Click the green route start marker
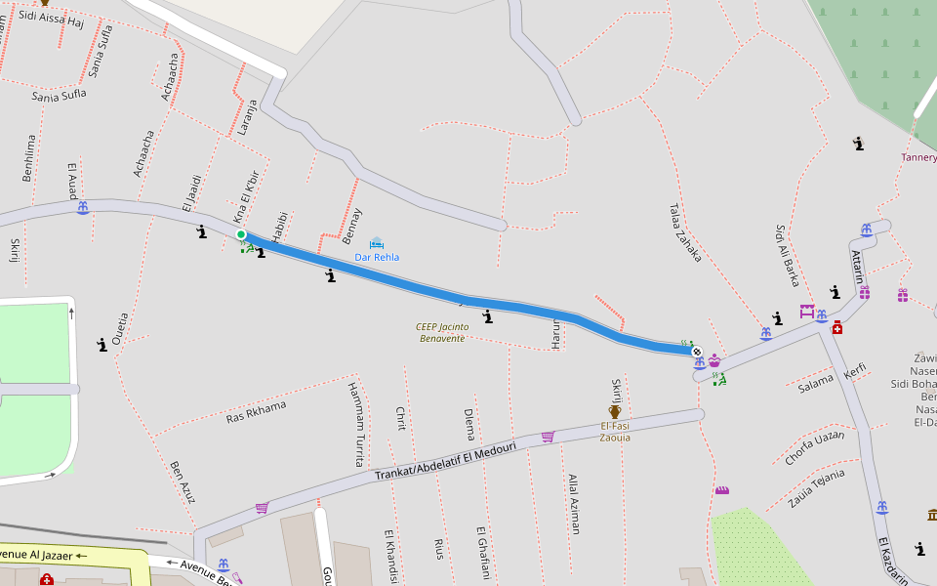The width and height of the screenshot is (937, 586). pyautogui.click(x=241, y=234)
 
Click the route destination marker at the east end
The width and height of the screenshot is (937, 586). pyautogui.click(x=696, y=351)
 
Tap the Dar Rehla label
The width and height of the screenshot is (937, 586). pyautogui.click(x=377, y=257)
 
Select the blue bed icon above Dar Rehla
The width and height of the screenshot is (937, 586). pyautogui.click(x=377, y=242)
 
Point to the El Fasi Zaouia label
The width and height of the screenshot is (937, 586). pyautogui.click(x=615, y=432)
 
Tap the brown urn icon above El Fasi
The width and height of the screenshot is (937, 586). pyautogui.click(x=615, y=412)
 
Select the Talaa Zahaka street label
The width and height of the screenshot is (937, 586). pyautogui.click(x=685, y=232)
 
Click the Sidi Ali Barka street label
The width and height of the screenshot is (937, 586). pyautogui.click(x=788, y=255)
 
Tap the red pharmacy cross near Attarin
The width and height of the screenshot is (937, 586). pyautogui.click(x=837, y=327)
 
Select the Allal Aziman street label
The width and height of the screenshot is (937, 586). pyautogui.click(x=574, y=504)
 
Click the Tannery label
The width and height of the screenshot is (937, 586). pyautogui.click(x=918, y=157)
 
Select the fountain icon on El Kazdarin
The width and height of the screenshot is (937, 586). pyautogui.click(x=882, y=508)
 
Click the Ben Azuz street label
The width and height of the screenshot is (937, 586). pyautogui.click(x=183, y=481)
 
